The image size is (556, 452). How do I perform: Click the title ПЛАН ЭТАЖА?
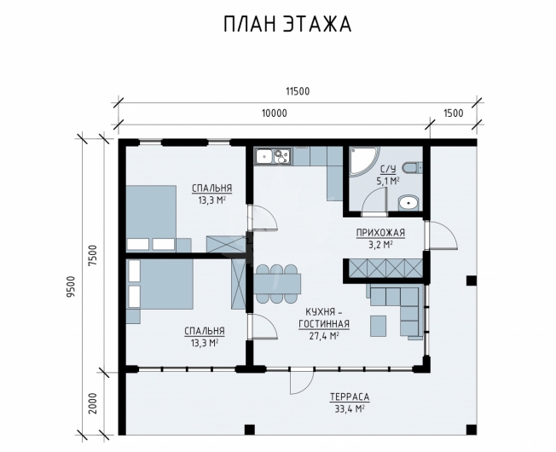pos(287,25)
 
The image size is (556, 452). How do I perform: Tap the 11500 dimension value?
pos(298,91)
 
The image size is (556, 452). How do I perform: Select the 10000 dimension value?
pos(274,113)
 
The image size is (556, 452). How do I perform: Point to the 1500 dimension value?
pos(453,113)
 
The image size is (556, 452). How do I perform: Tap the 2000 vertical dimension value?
pos(93,403)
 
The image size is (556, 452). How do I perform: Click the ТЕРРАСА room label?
pos(350,397)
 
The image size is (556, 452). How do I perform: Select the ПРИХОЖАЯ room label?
pos(380,233)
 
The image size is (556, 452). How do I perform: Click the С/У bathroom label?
pos(388,170)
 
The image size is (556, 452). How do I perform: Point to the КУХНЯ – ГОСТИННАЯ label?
pos(324,318)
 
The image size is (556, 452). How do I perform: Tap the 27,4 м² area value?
pos(324,336)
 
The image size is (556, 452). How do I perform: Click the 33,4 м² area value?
pos(350,409)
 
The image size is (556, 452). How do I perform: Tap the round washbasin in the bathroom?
pos(408,203)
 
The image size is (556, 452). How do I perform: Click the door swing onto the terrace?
pos(301,382)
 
